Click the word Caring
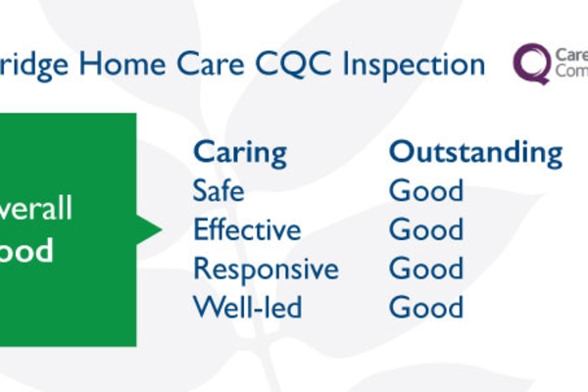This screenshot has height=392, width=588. pos(240,153)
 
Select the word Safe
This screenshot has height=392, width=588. pos(218,190)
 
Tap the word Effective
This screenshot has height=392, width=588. pos(247,229)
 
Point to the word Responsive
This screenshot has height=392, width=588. pos(266,269)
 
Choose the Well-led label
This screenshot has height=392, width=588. pos(247,308)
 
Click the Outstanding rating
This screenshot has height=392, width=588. pos(475,153)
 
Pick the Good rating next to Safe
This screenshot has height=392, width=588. pos(426,190)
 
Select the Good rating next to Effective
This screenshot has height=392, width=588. pos(426,229)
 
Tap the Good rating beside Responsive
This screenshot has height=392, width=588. pos(426,269)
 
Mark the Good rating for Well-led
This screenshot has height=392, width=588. pos(426,308)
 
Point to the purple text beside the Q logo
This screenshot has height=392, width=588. pos(570,64)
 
